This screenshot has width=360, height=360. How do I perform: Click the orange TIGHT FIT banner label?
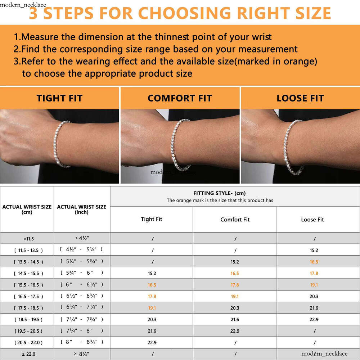[x=59, y=98]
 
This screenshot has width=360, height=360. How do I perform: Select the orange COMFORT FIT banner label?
[x=180, y=98]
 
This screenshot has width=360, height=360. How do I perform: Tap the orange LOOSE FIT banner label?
[x=300, y=98]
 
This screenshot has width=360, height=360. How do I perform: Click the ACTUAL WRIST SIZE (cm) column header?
[x=27, y=209]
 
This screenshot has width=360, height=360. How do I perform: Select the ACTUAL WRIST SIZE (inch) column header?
[x=82, y=209]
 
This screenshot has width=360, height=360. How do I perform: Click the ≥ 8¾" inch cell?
[x=82, y=354]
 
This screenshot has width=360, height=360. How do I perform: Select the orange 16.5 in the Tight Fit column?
[x=152, y=285]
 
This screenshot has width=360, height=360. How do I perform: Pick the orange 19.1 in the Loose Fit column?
[x=314, y=285]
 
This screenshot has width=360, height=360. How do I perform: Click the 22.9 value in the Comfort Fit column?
[x=235, y=331]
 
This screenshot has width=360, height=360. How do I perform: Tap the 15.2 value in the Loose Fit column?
[x=314, y=250]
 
